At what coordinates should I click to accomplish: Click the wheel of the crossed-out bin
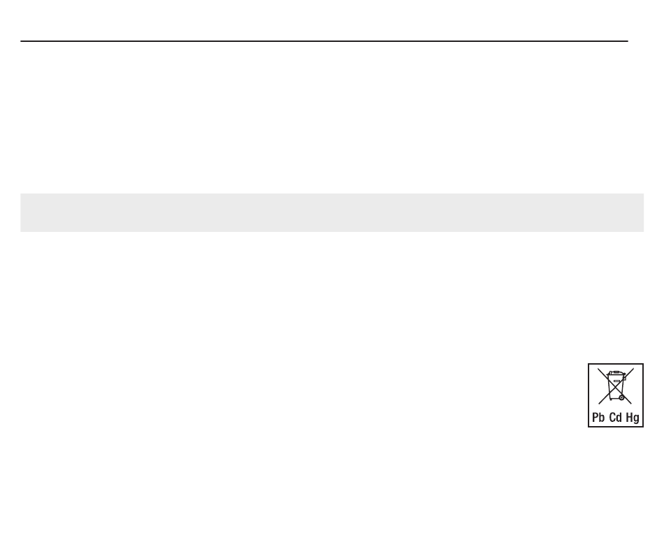pos(621,397)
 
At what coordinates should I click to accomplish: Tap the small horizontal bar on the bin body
pos(616,381)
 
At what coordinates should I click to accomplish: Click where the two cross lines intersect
pos(615,386)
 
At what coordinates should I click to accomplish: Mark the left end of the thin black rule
pos(21,41)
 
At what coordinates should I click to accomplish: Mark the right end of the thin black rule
pos(627,41)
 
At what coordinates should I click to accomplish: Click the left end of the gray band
pos(22,212)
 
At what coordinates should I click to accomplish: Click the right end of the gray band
pos(642,212)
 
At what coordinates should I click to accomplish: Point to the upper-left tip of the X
pos(598,369)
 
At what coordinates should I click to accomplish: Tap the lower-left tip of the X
pos(598,404)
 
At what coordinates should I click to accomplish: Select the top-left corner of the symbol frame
pos(589,364)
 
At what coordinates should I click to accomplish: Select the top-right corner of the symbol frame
pos(643,364)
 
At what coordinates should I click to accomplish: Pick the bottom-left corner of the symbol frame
pos(589,426)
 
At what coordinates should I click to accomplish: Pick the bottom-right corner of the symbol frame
pos(643,426)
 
